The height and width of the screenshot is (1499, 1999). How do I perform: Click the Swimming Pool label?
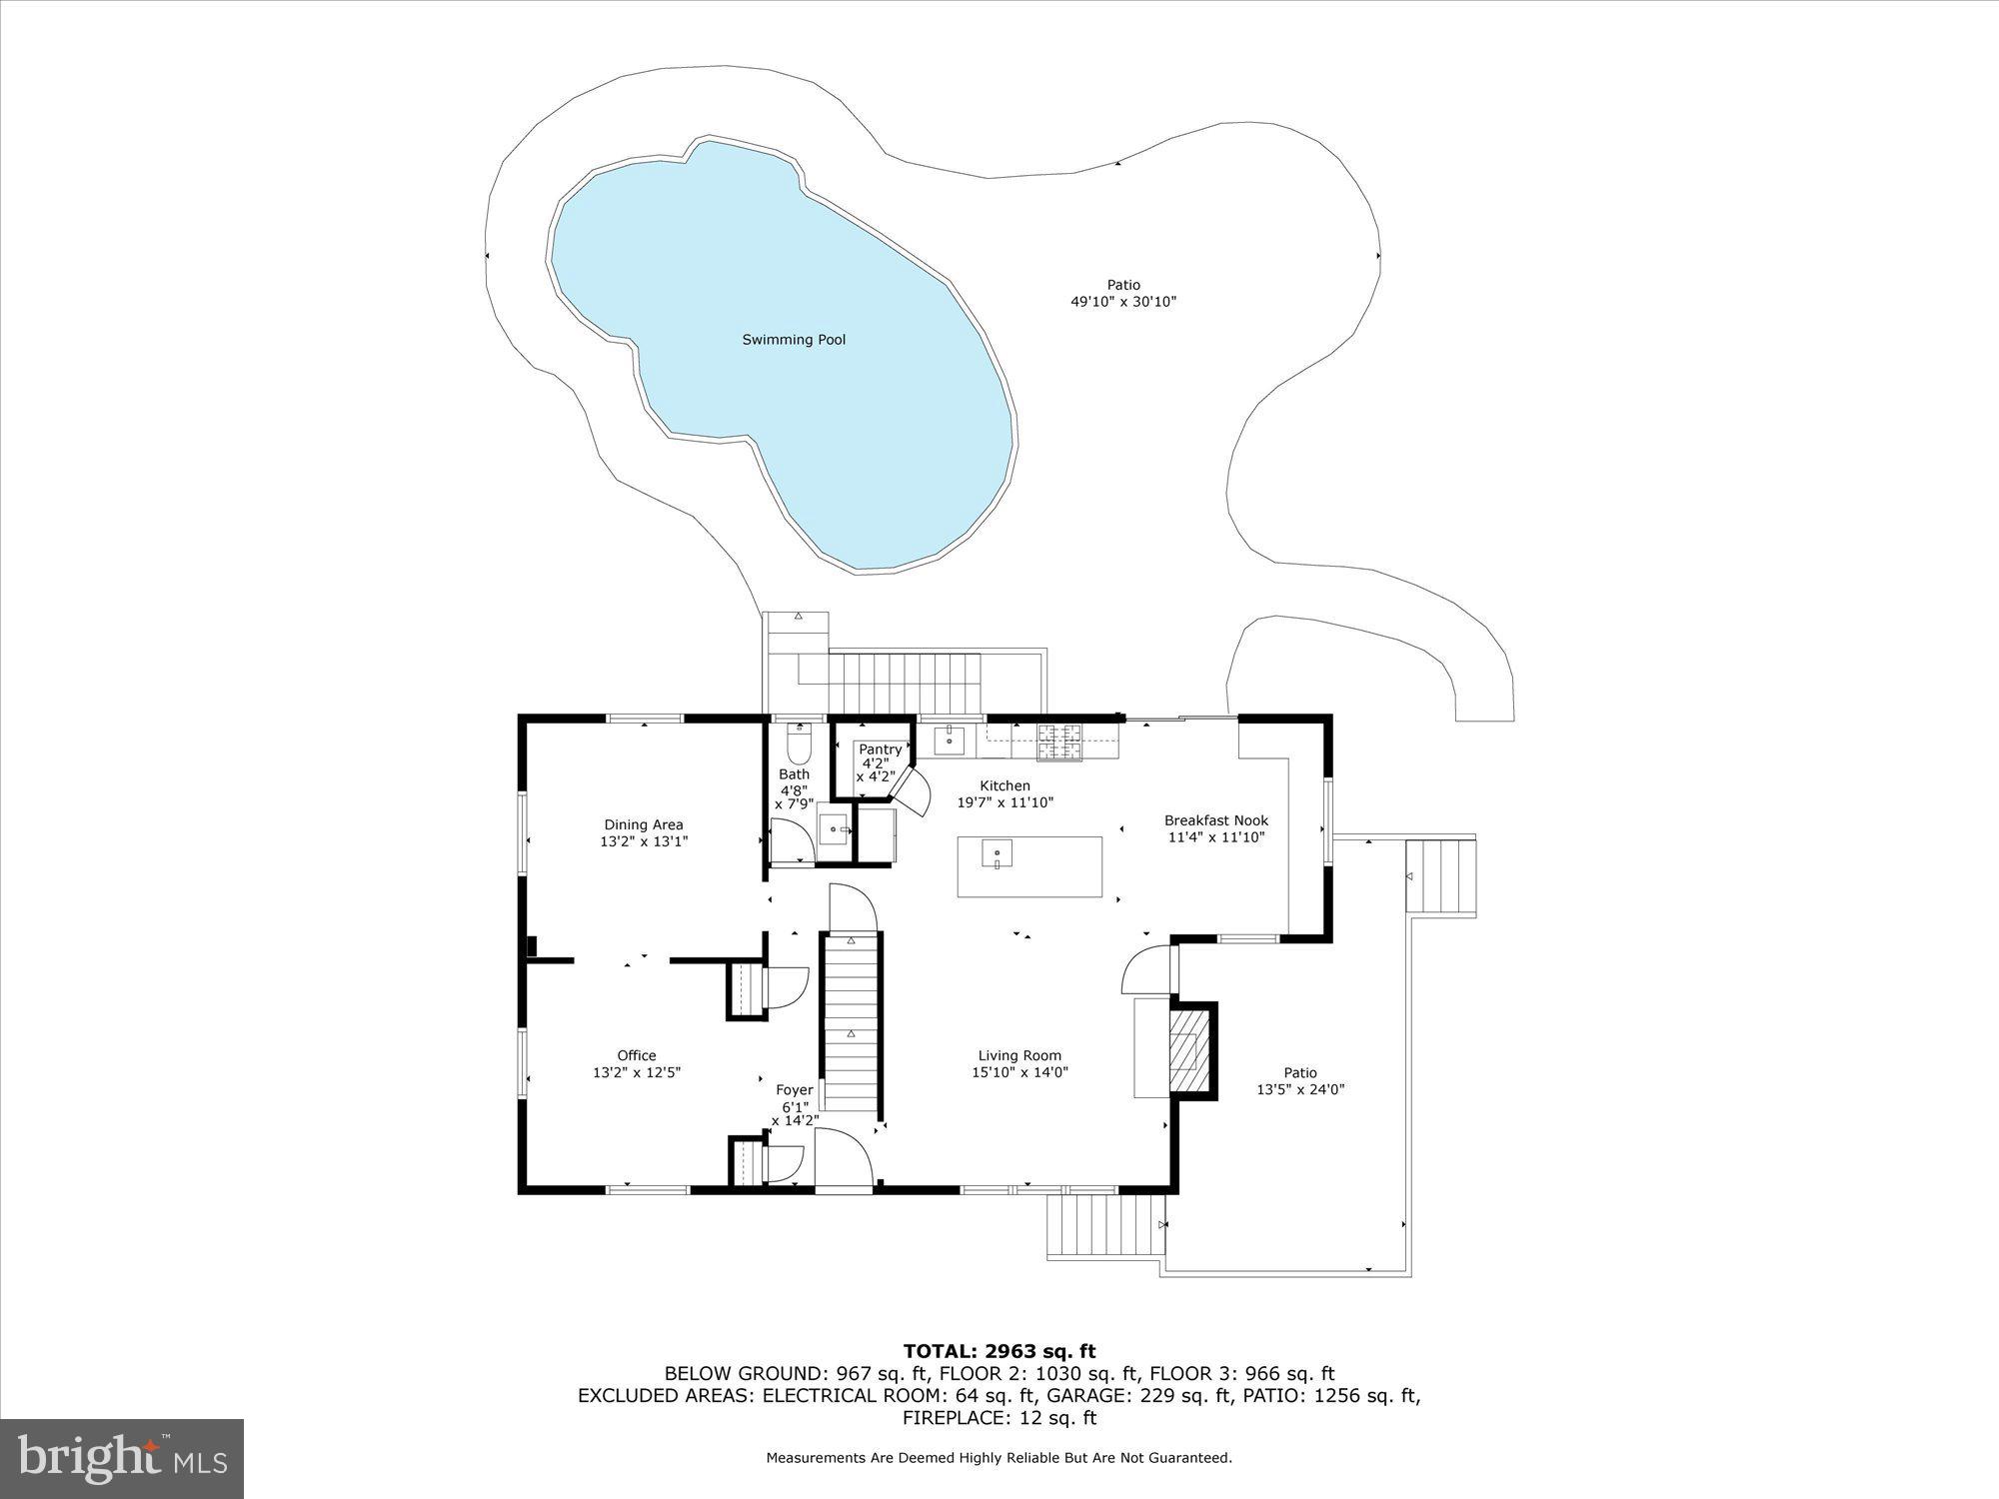pos(794,340)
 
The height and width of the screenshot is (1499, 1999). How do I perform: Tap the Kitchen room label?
pos(1004,786)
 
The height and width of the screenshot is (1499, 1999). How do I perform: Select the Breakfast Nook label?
pos(1216,820)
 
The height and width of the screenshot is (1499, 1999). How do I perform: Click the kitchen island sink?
pos(997,855)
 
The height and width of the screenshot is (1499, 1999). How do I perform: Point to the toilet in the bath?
pos(799,744)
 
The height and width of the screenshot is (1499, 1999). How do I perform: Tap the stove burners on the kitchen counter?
pos(1059,742)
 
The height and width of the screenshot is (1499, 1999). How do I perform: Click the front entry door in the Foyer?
pos(845,1159)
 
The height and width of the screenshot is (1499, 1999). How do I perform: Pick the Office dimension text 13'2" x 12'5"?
pos(637,1072)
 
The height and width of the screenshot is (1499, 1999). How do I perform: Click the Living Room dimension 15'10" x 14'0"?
pos(1019,1072)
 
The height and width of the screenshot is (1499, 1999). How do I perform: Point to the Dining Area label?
pos(644,824)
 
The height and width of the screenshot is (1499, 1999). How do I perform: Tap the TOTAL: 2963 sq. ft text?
pos(999,1352)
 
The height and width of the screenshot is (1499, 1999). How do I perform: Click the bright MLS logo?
pos(122,1459)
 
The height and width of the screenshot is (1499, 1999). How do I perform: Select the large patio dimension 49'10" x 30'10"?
pos(1122,302)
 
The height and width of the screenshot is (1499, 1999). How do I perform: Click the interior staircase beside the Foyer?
pos(852,1019)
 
